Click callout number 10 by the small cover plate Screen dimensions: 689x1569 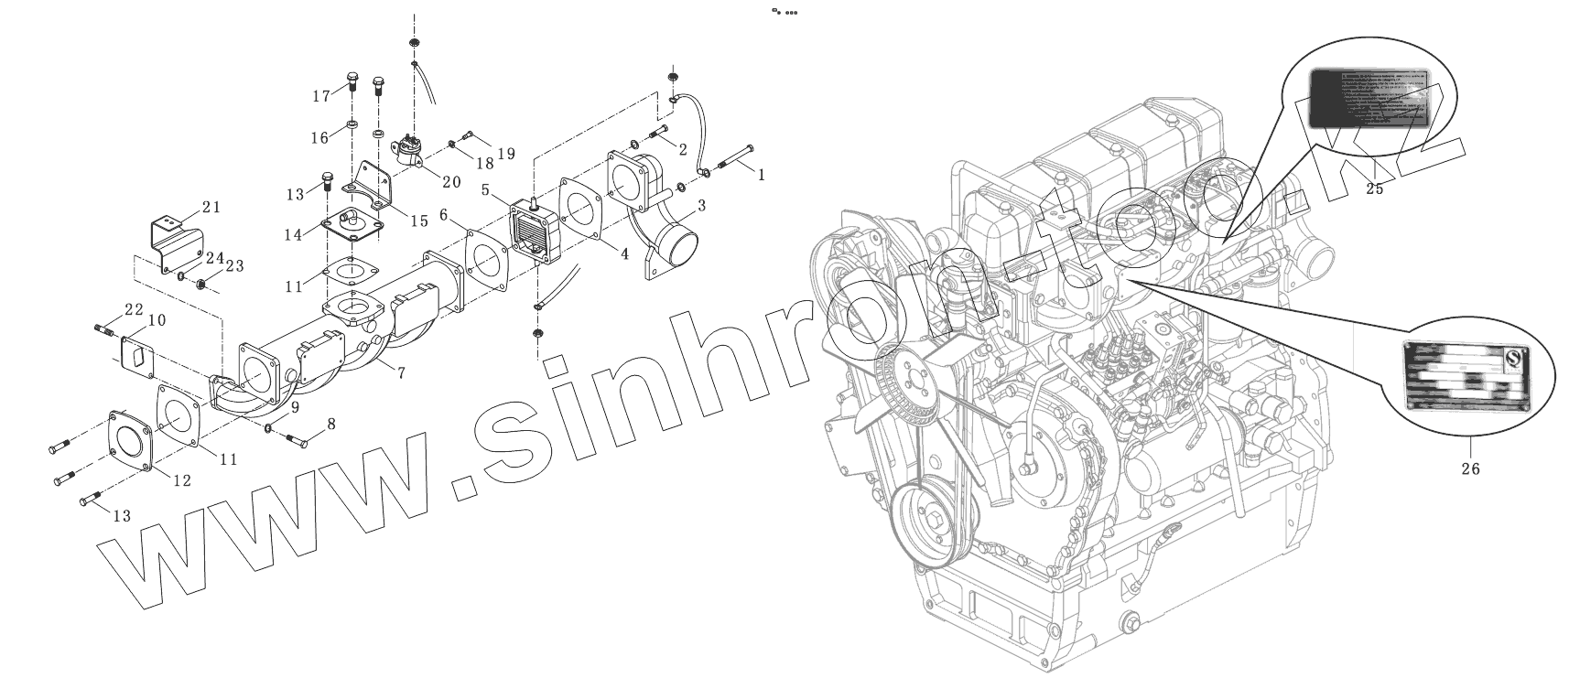tap(157, 320)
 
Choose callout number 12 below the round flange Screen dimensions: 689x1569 tap(182, 479)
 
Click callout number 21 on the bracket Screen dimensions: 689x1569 tap(211, 207)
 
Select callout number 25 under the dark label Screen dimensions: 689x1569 tap(1374, 188)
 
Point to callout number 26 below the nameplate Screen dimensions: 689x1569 tap(1470, 468)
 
